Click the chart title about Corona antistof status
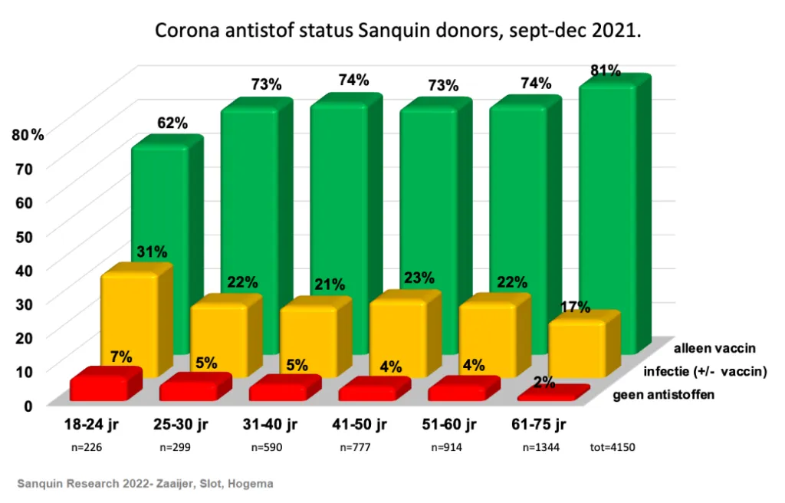pos(398,31)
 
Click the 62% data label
pos(172,123)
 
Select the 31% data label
pos(152,251)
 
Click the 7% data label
pos(120,357)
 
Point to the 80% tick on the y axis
pos(28,135)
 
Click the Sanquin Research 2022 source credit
pos(145,484)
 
